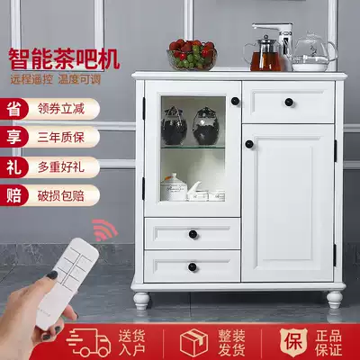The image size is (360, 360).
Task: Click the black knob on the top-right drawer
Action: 289,102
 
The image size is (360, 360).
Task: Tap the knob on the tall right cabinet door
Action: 249,144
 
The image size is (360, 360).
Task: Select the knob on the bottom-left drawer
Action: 193,266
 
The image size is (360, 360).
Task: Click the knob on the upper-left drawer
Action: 193,234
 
